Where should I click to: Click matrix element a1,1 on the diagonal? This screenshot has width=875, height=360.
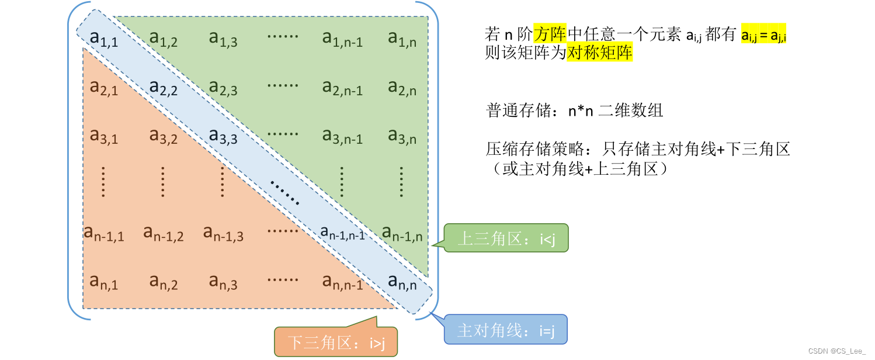point(104,39)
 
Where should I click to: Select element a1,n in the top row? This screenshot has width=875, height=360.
point(402,39)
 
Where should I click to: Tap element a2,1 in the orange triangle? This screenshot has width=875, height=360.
point(104,87)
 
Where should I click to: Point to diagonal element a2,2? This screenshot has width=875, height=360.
point(164,87)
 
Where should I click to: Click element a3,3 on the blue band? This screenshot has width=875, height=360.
point(223,136)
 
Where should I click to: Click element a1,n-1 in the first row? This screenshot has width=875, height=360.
point(342,39)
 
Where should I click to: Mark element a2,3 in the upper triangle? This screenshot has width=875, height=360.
point(223,87)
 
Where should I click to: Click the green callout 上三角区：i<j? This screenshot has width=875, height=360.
point(506,238)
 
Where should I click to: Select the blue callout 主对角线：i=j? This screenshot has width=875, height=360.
point(506,330)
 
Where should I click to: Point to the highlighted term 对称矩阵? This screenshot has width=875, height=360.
point(600,53)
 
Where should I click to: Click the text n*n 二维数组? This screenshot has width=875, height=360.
point(616,110)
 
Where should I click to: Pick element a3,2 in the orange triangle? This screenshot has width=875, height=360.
point(164,136)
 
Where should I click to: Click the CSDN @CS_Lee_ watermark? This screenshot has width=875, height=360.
point(837,351)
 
